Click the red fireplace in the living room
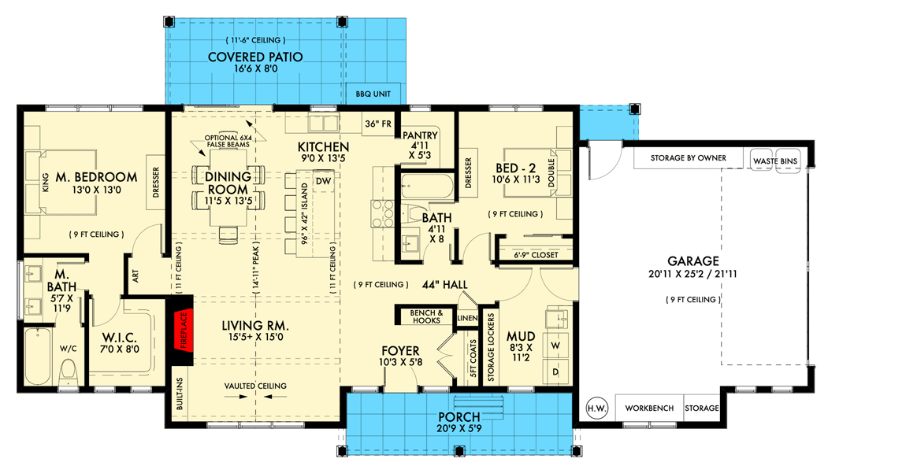tap(180, 331)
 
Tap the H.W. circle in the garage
tap(595, 408)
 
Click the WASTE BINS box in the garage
tap(775, 161)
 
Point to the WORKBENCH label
tap(648, 408)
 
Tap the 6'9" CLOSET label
tap(535, 255)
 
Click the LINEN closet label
tap(467, 318)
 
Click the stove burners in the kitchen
tap(383, 212)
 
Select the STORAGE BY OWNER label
tap(688, 158)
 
